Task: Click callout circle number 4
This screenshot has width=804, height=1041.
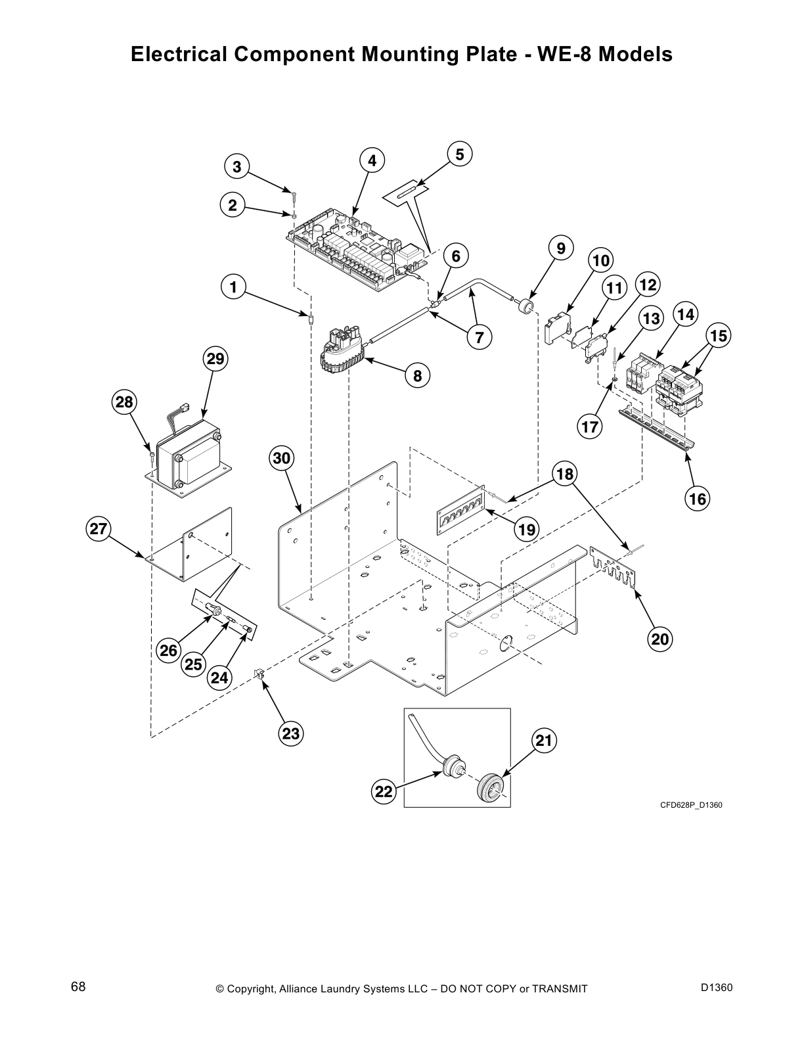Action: (x=372, y=160)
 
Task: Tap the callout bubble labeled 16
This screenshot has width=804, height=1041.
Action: (x=697, y=499)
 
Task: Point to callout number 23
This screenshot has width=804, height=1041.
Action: (x=291, y=733)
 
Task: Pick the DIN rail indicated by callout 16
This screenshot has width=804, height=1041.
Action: (x=657, y=431)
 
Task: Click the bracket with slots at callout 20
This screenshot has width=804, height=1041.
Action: (x=614, y=567)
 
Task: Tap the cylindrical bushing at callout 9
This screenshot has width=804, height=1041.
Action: (x=525, y=306)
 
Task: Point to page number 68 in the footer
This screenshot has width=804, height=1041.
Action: (x=78, y=987)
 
